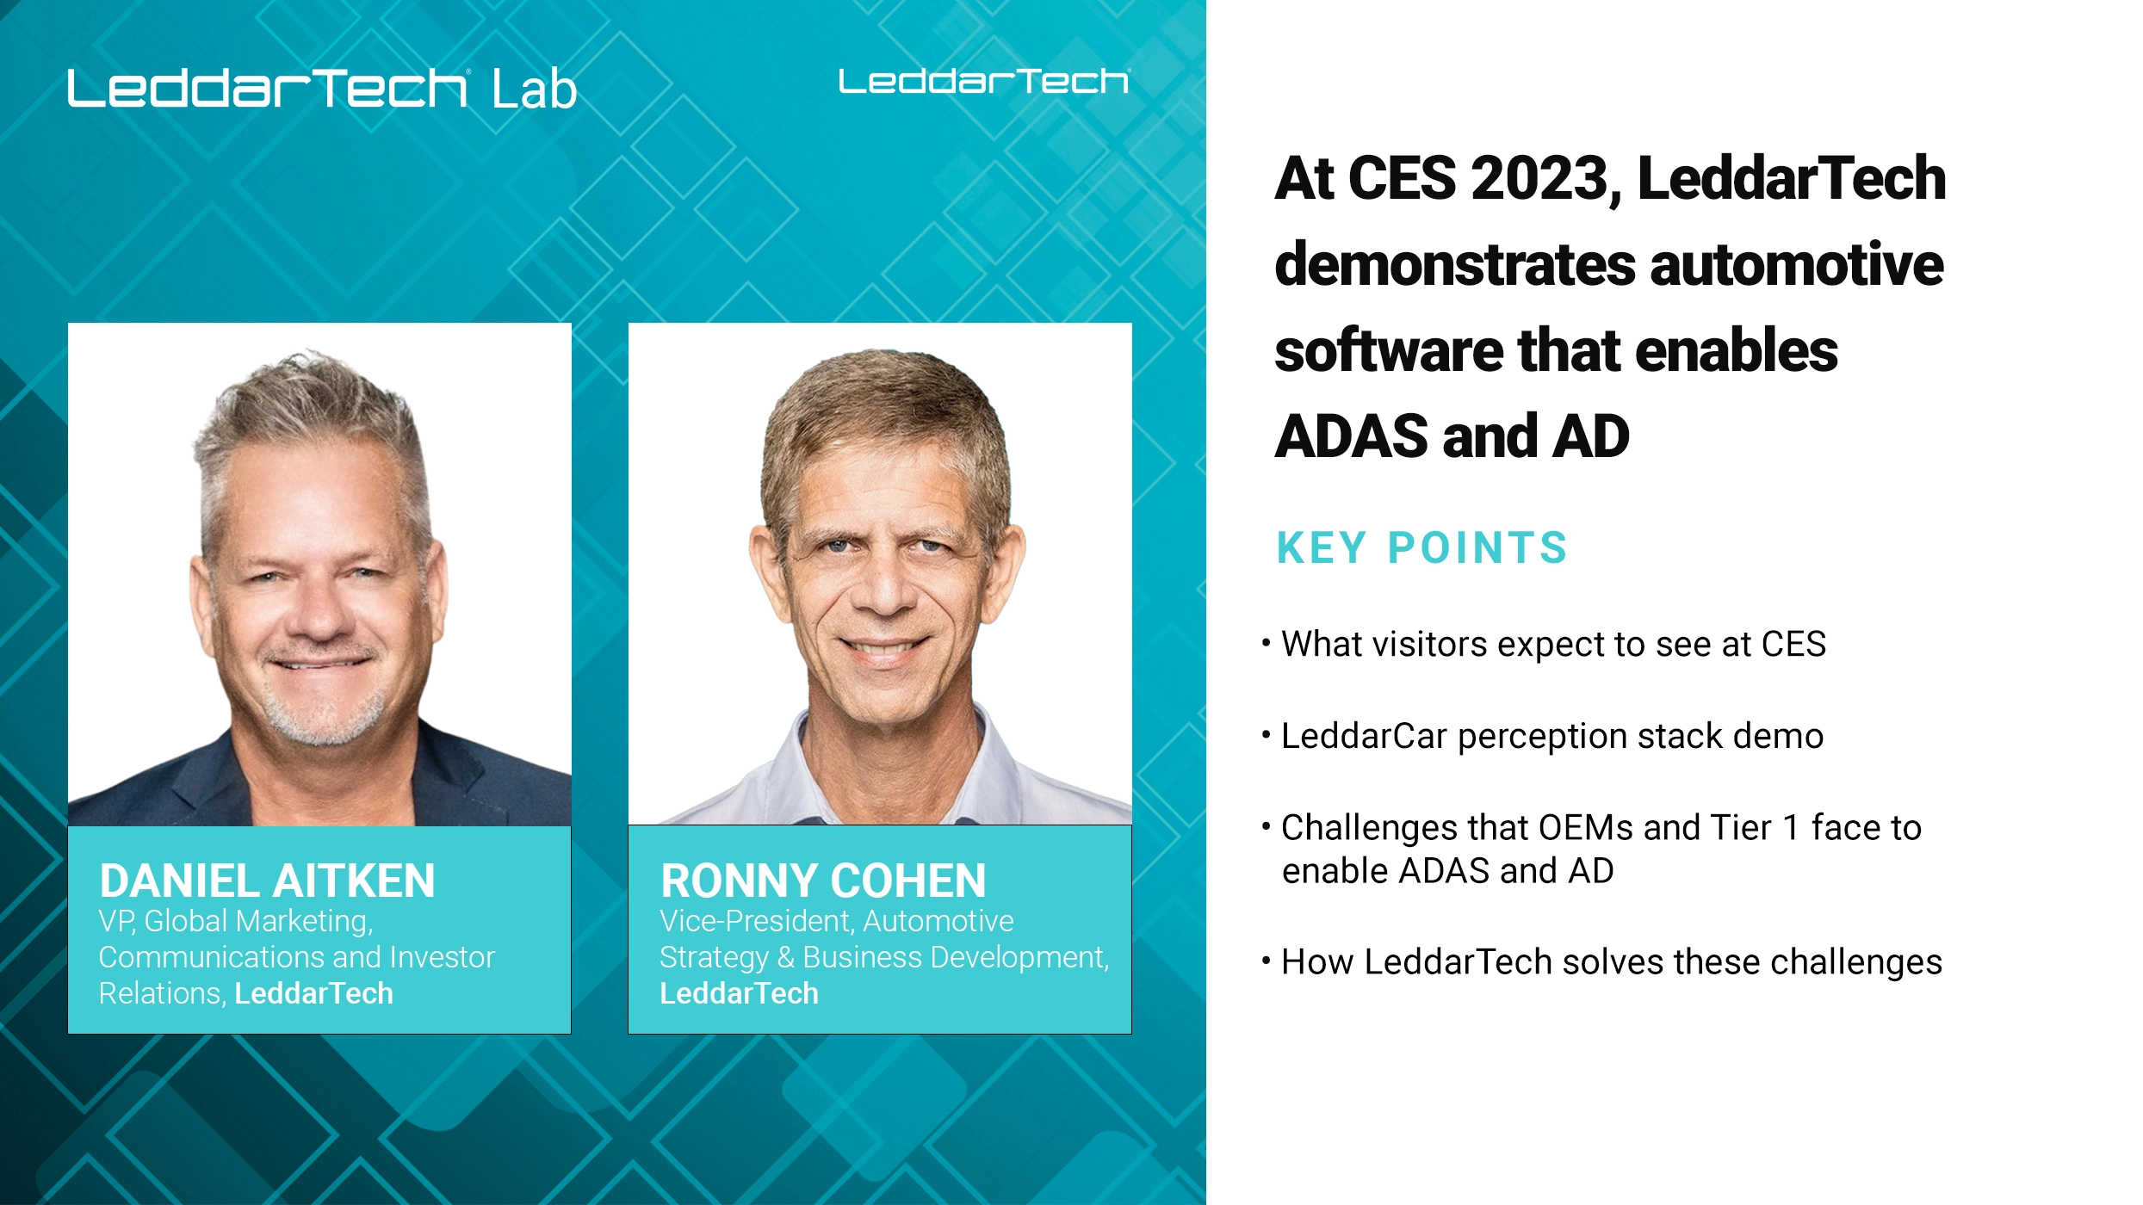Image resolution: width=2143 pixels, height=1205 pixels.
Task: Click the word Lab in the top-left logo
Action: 534,90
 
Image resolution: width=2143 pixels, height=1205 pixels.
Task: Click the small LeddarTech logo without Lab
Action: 983,82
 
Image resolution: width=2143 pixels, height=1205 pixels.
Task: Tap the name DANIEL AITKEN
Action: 267,881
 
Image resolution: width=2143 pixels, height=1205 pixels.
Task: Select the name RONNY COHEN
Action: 823,881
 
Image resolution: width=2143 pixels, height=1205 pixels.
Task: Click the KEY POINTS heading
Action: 1421,548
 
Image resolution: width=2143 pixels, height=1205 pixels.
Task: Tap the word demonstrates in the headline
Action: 1454,264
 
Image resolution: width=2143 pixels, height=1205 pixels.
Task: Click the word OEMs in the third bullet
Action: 1585,828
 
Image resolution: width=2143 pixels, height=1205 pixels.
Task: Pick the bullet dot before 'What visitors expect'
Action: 1266,643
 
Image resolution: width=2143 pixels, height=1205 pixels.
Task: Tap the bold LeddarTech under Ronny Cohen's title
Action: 739,994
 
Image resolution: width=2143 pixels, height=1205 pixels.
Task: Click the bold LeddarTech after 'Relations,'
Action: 313,994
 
